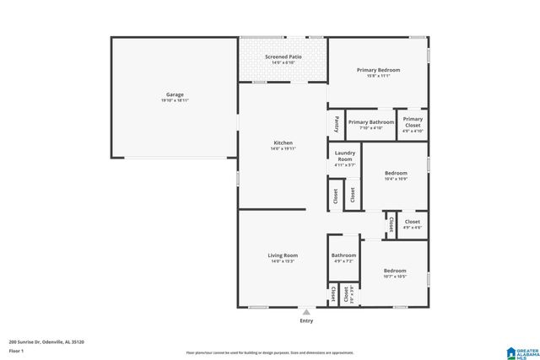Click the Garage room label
click(x=175, y=94)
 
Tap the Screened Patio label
click(x=283, y=56)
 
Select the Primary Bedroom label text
click(x=378, y=70)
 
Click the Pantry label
click(x=336, y=124)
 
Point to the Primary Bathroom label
click(x=371, y=122)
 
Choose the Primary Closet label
click(x=413, y=122)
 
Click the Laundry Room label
click(x=344, y=156)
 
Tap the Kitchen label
click(x=283, y=143)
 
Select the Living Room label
click(x=283, y=255)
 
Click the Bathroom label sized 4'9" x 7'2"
click(x=343, y=255)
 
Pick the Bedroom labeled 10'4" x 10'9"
click(x=395, y=173)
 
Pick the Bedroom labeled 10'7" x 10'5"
click(x=395, y=271)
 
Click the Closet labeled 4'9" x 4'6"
click(x=412, y=223)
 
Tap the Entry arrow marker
click(x=306, y=312)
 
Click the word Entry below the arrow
click(x=306, y=321)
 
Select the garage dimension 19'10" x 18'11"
click(x=175, y=100)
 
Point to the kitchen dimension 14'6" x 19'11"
click(x=283, y=149)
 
